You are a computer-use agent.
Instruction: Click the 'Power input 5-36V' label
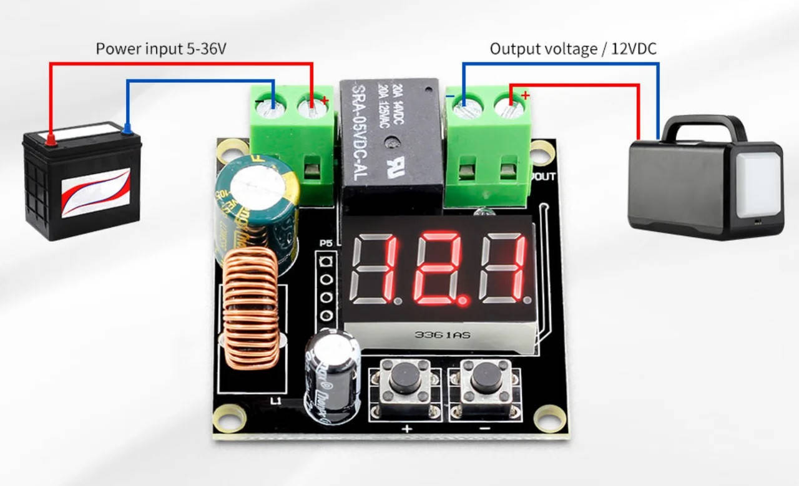click(160, 49)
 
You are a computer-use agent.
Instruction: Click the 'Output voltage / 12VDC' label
click(573, 49)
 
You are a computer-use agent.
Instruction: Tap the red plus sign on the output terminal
click(526, 95)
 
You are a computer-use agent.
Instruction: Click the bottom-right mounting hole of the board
click(550, 417)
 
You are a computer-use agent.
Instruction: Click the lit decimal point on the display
click(463, 301)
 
